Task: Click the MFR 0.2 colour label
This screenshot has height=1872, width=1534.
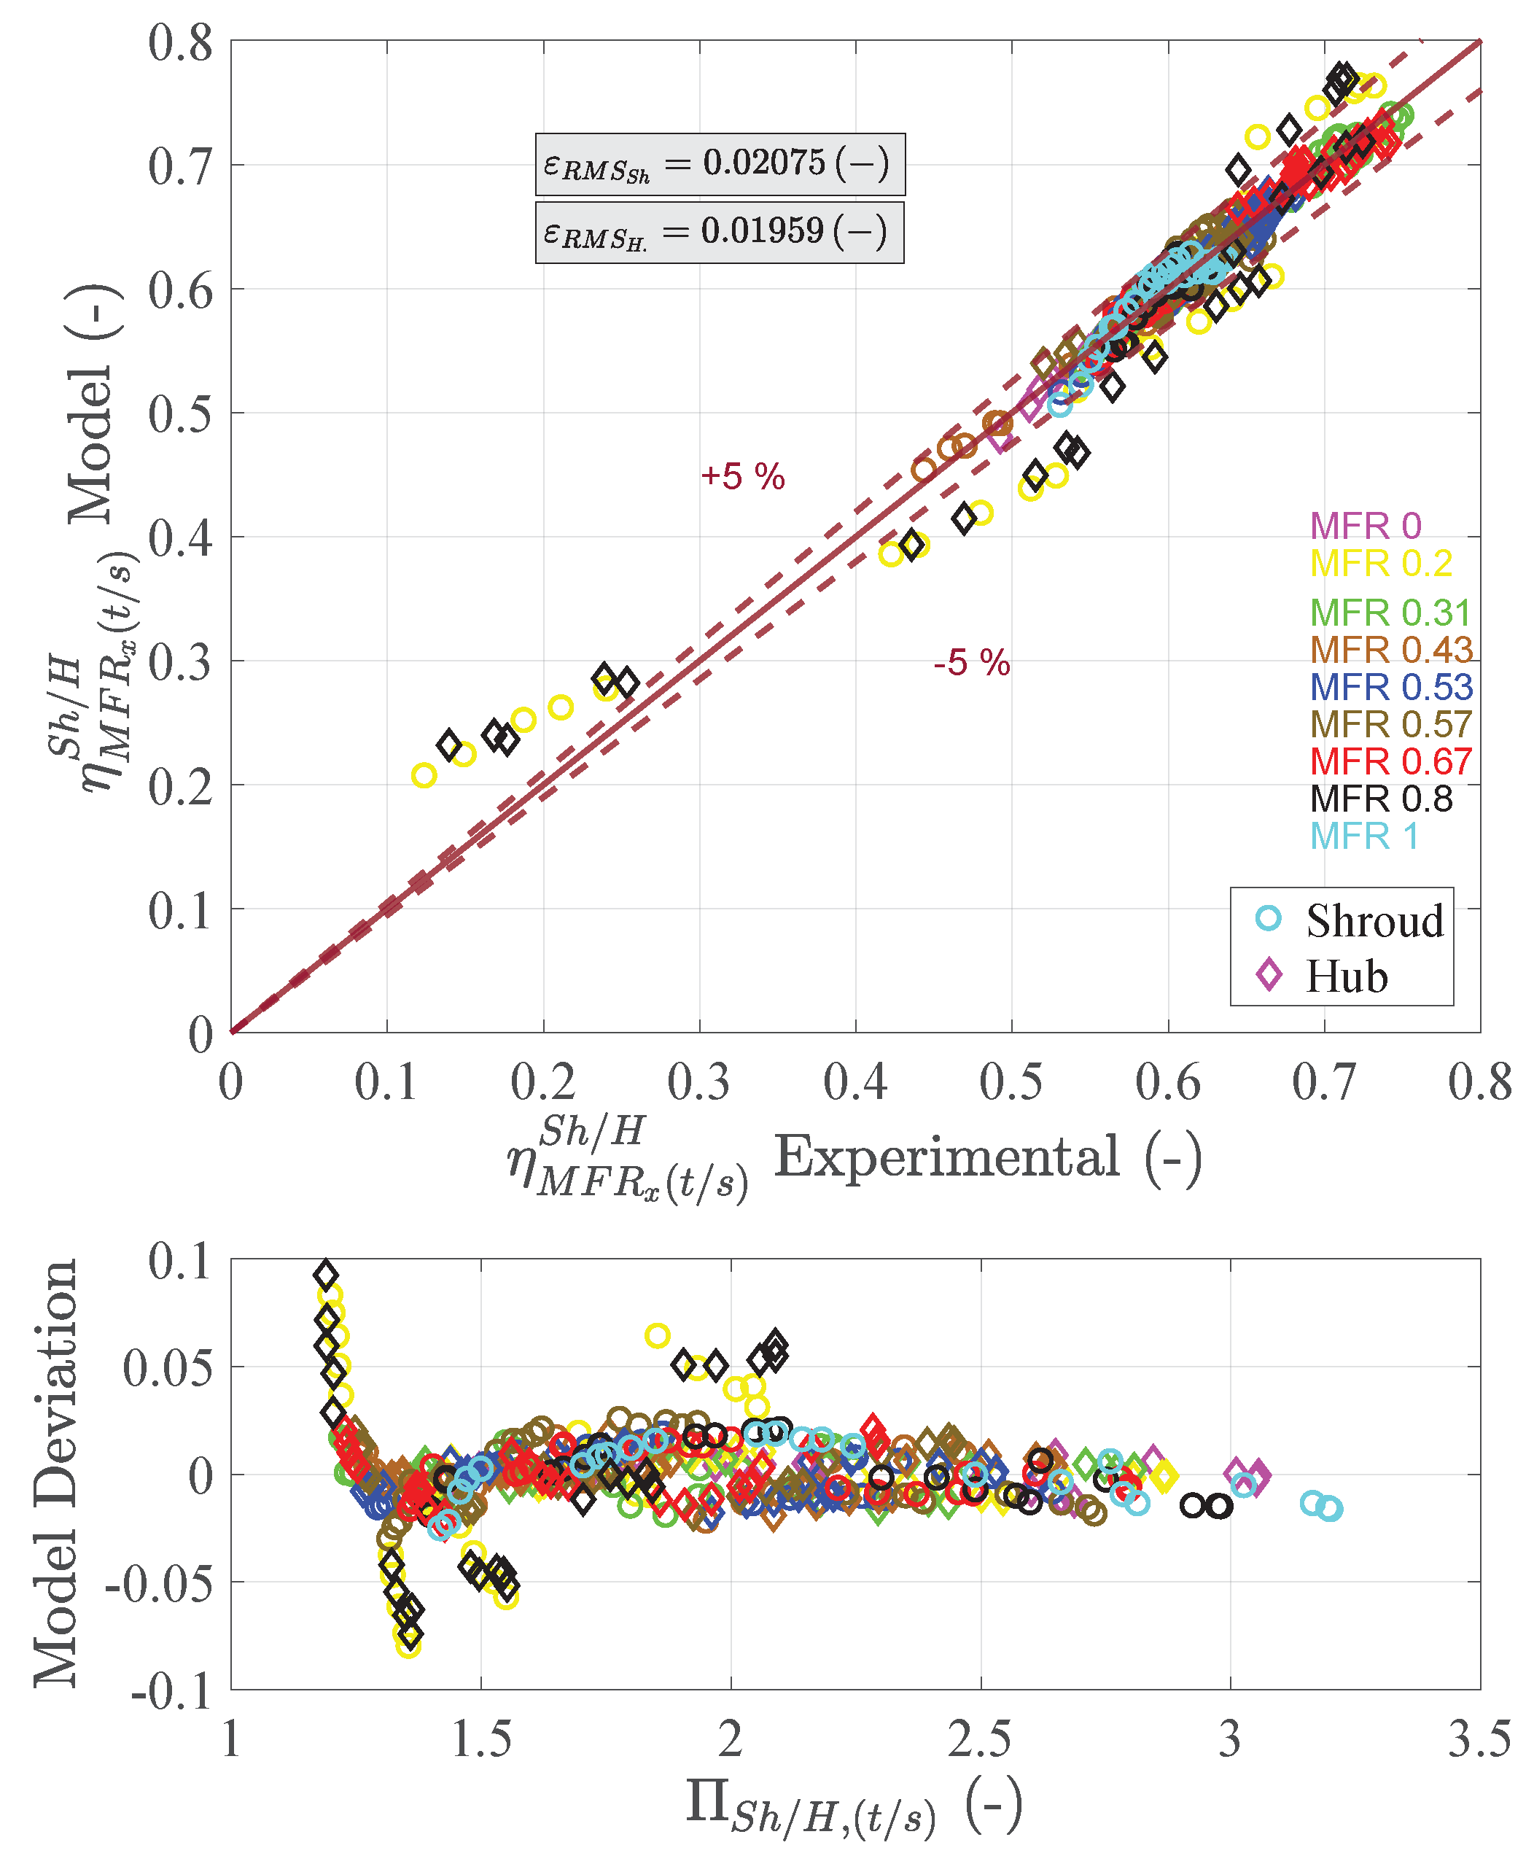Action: point(1380,563)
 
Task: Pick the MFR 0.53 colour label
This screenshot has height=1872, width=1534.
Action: point(1391,687)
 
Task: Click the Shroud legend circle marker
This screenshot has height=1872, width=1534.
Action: point(1268,918)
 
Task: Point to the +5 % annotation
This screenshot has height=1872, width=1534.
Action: point(742,477)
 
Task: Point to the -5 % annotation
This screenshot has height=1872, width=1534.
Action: point(971,663)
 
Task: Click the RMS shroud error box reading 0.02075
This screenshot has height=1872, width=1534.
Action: point(720,164)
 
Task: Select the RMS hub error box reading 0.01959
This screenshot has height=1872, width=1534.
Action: point(720,233)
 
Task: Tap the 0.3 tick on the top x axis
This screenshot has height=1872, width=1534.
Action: point(699,1081)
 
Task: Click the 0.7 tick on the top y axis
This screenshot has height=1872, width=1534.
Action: point(181,166)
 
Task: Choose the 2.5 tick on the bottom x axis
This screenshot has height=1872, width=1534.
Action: point(979,1739)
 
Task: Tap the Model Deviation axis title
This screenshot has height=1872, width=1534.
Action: point(55,1472)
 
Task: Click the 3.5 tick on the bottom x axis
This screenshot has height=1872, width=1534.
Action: point(1479,1739)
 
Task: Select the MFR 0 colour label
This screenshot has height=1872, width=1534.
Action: point(1366,526)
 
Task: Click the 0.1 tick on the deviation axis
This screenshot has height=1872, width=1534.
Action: point(181,1262)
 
